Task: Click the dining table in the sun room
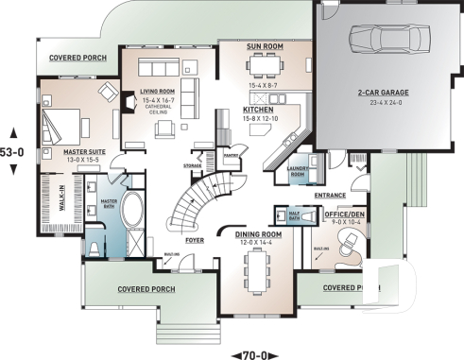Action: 259,65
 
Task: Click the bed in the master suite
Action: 65,122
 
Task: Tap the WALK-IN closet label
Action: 36,200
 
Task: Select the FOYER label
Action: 194,240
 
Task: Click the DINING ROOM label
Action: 257,234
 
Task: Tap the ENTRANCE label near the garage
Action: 331,196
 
